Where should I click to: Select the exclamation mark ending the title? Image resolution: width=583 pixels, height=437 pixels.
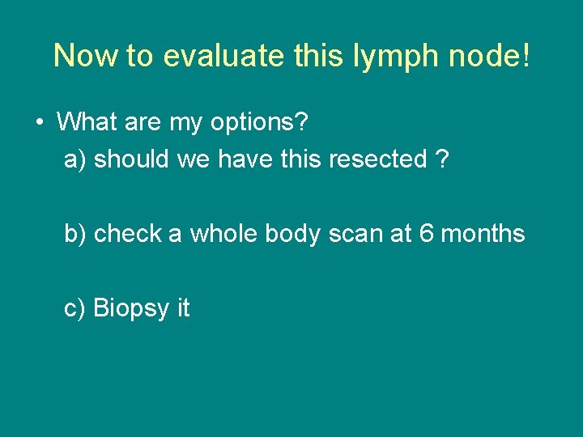pos(527,56)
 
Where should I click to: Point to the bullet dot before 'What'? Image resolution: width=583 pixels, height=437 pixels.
pos(40,122)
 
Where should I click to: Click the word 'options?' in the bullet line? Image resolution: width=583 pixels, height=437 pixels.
pos(260,123)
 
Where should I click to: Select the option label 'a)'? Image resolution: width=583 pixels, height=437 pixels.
pos(75,159)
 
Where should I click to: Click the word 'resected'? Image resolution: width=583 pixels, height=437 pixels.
pos(377,159)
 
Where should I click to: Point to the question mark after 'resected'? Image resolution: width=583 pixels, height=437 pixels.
pos(441,159)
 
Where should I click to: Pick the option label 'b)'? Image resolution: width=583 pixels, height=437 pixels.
pos(75,234)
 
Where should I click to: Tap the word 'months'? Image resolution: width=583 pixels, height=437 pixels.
pos(484,234)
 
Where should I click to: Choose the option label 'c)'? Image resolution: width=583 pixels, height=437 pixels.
pos(75,308)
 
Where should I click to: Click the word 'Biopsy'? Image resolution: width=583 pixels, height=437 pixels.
pos(132,308)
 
